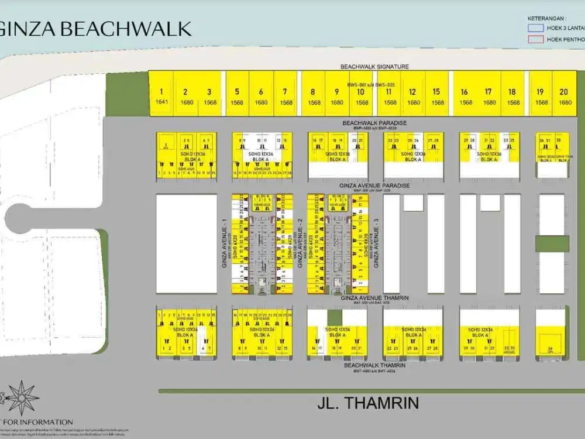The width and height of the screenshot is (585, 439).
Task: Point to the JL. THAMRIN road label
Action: click(x=361, y=403)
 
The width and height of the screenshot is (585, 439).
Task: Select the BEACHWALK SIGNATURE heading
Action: click(x=374, y=67)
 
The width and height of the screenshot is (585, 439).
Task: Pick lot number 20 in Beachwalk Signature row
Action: click(x=565, y=92)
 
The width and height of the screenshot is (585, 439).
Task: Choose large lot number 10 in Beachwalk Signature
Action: click(x=362, y=92)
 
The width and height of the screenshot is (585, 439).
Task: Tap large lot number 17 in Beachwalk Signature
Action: click(x=488, y=92)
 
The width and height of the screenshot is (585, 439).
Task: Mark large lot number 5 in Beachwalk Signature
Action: click(x=237, y=92)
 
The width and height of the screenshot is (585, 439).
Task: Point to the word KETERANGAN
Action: click(x=546, y=18)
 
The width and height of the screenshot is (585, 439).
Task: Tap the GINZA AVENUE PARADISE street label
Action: click(x=374, y=186)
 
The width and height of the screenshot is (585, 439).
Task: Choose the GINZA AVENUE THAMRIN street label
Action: click(x=374, y=298)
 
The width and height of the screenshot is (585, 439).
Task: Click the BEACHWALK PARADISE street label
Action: click(x=374, y=123)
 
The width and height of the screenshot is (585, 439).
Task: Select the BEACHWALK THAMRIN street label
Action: click(x=374, y=365)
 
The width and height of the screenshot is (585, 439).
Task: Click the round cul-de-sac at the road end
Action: click(x=23, y=217)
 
